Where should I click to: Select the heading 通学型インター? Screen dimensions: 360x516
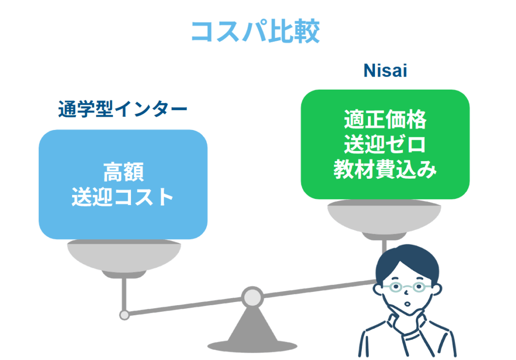click(122, 109)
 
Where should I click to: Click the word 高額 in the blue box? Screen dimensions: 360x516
click(123, 172)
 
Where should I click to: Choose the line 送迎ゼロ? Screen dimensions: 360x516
click(385, 146)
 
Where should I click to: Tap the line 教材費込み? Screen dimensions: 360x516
click(385, 170)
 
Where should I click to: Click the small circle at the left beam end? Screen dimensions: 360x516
click(124, 315)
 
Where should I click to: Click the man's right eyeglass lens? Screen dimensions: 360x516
click(419, 287)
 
